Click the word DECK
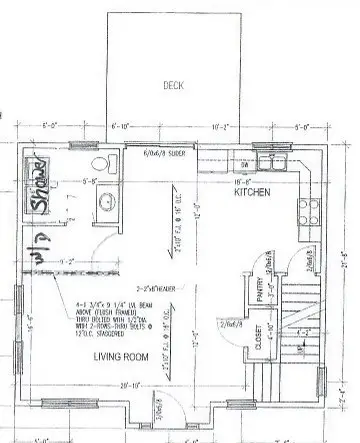coord(173,86)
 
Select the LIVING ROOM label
coord(122,357)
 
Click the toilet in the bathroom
coord(99,165)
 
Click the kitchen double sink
coord(271,164)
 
